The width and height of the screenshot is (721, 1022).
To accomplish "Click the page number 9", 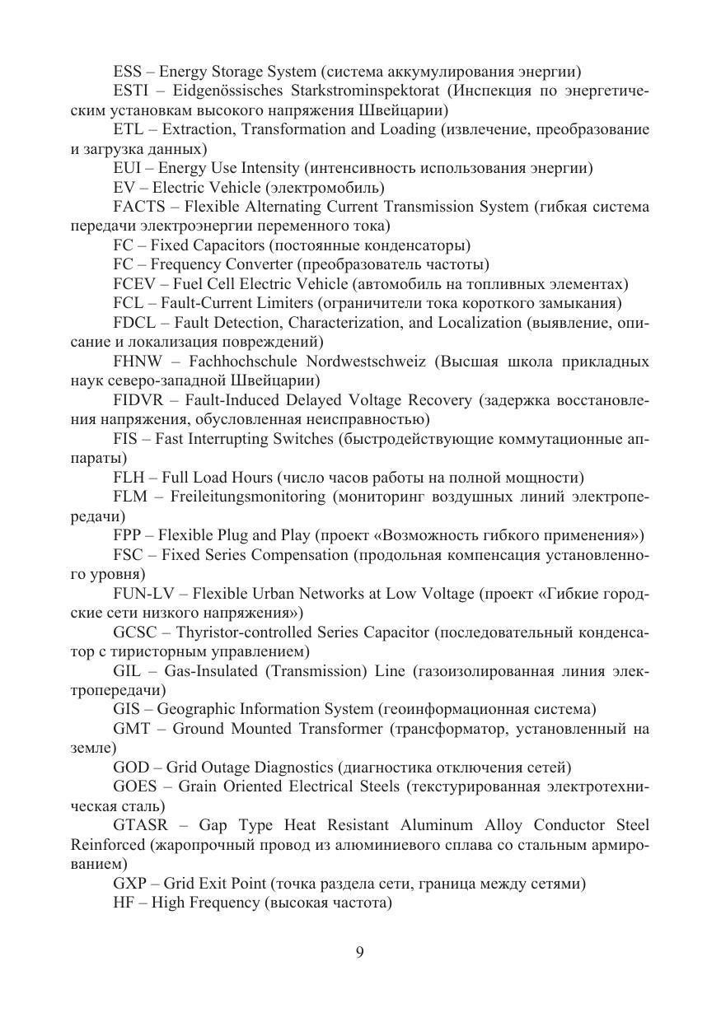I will (360, 953).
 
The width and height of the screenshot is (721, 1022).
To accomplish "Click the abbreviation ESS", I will (128, 72).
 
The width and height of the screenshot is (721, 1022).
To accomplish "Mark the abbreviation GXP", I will (130, 884).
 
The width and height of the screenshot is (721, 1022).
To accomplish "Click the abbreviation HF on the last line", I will (124, 903).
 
